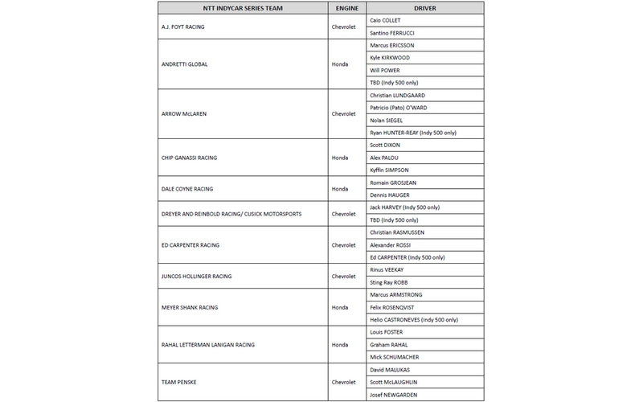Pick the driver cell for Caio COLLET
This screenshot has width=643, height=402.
[x=386, y=19]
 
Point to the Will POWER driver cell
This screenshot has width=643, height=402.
[x=384, y=70]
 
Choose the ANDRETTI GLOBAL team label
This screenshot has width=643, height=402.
[x=186, y=64]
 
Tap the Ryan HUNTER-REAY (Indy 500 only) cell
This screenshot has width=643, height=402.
[x=413, y=132]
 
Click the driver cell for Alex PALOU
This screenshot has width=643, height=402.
[x=383, y=158]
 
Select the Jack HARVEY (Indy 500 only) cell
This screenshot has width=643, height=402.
[x=403, y=207]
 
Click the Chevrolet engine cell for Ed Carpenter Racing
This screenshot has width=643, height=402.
[x=344, y=245]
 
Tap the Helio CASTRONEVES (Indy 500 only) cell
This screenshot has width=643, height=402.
[x=412, y=320]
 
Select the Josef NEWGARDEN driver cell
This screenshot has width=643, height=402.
[x=395, y=395]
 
